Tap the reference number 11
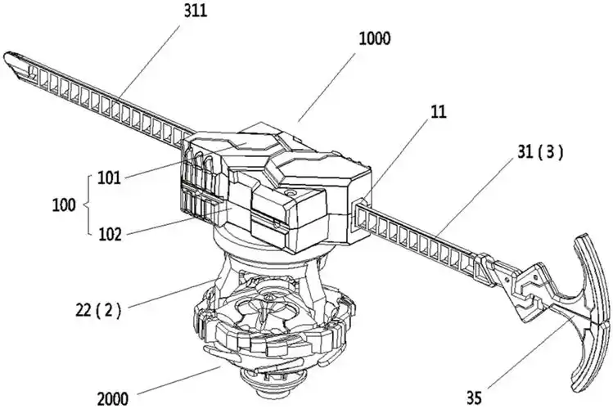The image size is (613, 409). coord(439,112)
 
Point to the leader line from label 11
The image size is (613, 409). coord(402,160)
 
